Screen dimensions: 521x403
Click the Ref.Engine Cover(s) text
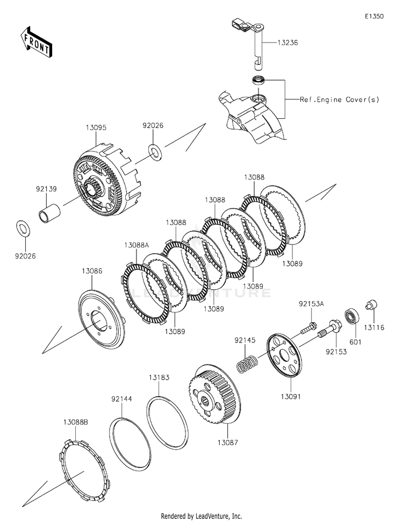point(332,99)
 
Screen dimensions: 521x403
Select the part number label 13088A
point(136,244)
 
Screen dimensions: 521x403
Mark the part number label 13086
point(91,272)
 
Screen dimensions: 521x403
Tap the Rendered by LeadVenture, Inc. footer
point(201,516)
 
